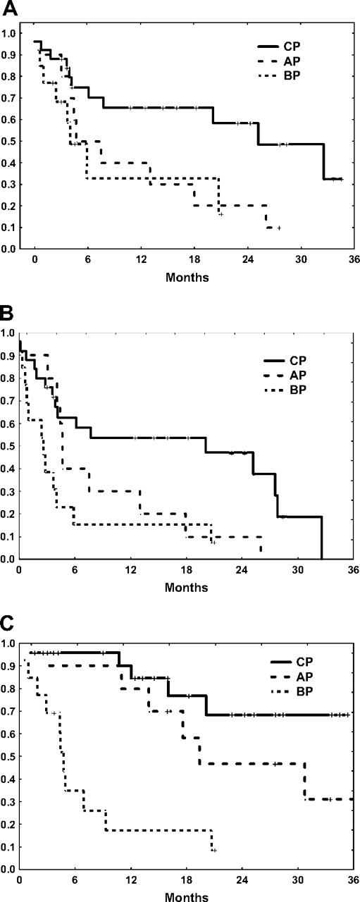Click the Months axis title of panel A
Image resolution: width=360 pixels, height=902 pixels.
point(187,277)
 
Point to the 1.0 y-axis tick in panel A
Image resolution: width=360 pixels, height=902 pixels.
point(13,32)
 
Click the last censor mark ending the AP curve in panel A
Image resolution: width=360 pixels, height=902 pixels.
point(279,228)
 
